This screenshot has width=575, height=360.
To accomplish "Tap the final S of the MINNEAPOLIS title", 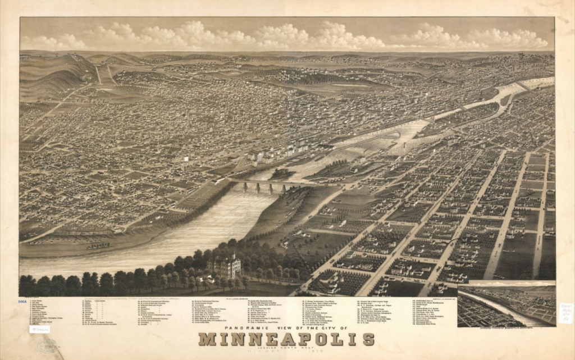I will tap(368, 339).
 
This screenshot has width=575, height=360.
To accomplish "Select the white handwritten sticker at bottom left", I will tap(39, 329).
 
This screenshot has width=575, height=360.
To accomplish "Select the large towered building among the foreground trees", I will tap(225, 266).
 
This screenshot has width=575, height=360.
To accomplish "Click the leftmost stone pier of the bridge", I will tap(245, 187).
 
